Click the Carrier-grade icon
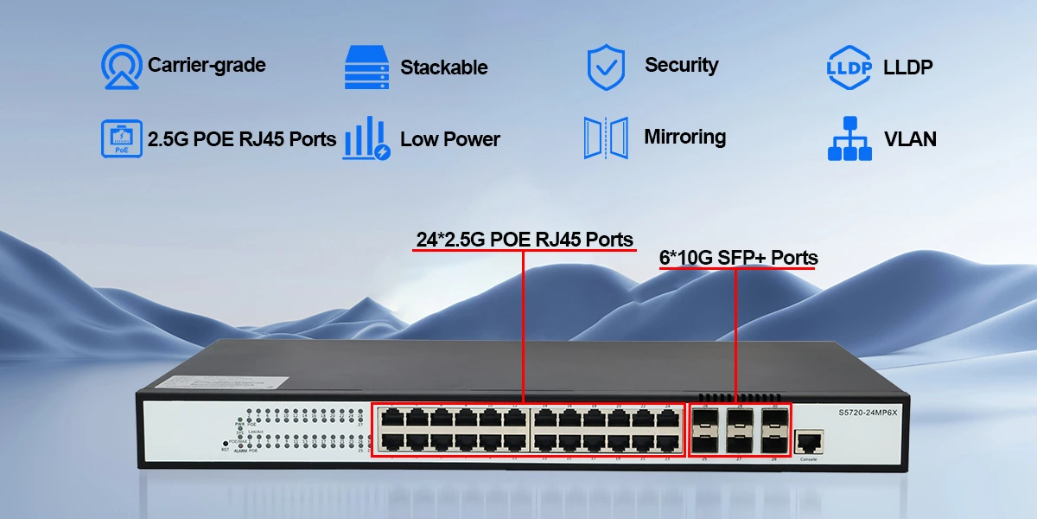pos(122,67)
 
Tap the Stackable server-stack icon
pos(367,67)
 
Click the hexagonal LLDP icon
pos(847,67)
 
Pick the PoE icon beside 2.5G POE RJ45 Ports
pos(122,138)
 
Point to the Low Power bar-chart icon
pos(366,138)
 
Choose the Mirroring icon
pos(606,138)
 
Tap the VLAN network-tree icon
pos(849,138)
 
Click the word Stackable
pos(444,67)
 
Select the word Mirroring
pos(684,137)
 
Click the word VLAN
pos(910,138)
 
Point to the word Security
pos(681,65)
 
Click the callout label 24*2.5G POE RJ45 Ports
pos(525,239)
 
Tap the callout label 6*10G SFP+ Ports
pos(738,257)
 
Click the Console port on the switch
pos(808,442)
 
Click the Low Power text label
pos(450,138)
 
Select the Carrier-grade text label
pos(207,65)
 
